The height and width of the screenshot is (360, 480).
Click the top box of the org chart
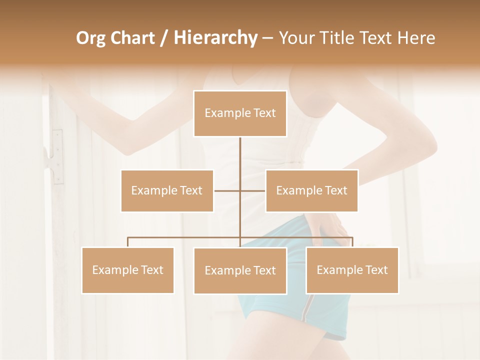240,113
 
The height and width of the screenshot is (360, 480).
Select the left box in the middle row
167,190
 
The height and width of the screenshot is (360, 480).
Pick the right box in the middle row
311,190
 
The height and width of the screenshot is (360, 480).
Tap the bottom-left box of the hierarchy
128,270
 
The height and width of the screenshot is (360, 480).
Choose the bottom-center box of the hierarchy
240,270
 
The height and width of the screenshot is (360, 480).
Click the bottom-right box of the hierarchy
352,270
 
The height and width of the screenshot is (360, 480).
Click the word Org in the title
91,38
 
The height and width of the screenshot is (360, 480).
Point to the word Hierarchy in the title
215,38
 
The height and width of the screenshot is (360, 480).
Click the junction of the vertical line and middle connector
240,190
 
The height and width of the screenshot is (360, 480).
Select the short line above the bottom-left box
128,242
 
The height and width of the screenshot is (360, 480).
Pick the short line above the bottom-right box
352,242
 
